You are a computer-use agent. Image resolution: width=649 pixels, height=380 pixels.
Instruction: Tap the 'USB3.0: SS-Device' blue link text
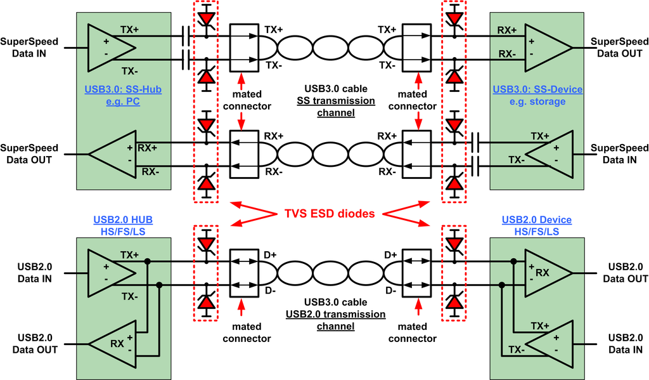[x=537, y=89]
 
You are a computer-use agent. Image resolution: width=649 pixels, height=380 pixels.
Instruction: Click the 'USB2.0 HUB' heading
[x=124, y=219]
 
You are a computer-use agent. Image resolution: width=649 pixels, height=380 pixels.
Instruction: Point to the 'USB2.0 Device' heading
[x=537, y=219]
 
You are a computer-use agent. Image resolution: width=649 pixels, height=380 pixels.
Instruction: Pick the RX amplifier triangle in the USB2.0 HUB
[x=112, y=344]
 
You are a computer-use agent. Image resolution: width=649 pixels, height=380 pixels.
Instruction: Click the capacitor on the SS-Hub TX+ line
[x=186, y=36]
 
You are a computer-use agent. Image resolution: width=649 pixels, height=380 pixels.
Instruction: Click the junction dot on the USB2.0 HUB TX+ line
[x=147, y=261]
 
